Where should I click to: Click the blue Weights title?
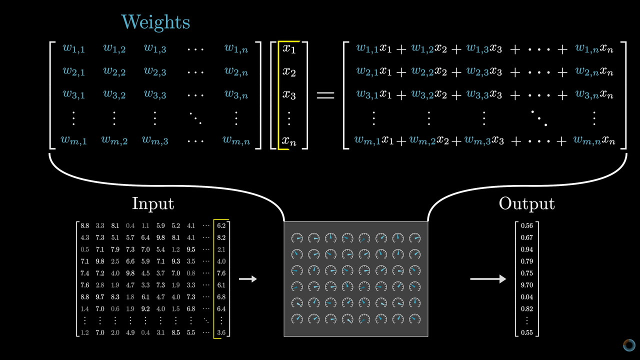[x=155, y=22]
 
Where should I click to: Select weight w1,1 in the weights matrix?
[x=73, y=48]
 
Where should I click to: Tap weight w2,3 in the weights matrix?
[x=155, y=71]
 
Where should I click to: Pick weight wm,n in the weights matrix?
[x=236, y=141]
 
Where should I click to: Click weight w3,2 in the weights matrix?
[x=114, y=94]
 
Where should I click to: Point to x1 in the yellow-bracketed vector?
[x=289, y=48]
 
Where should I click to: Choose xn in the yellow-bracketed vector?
[x=289, y=141]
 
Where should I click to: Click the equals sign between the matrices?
[x=325, y=95]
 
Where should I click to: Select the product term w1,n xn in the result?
[x=594, y=48]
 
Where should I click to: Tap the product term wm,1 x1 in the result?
[x=373, y=141]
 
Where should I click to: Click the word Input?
[x=153, y=203]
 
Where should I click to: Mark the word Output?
[x=526, y=203]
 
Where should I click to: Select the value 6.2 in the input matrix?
[x=221, y=226]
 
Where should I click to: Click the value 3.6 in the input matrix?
[x=221, y=332]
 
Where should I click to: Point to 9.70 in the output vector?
[x=527, y=285]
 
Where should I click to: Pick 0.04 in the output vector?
[x=527, y=297]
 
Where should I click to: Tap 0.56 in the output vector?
[x=527, y=225]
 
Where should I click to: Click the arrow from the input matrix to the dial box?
[x=248, y=279]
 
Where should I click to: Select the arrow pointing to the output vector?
[x=488, y=279]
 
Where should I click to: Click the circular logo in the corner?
[x=629, y=345]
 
